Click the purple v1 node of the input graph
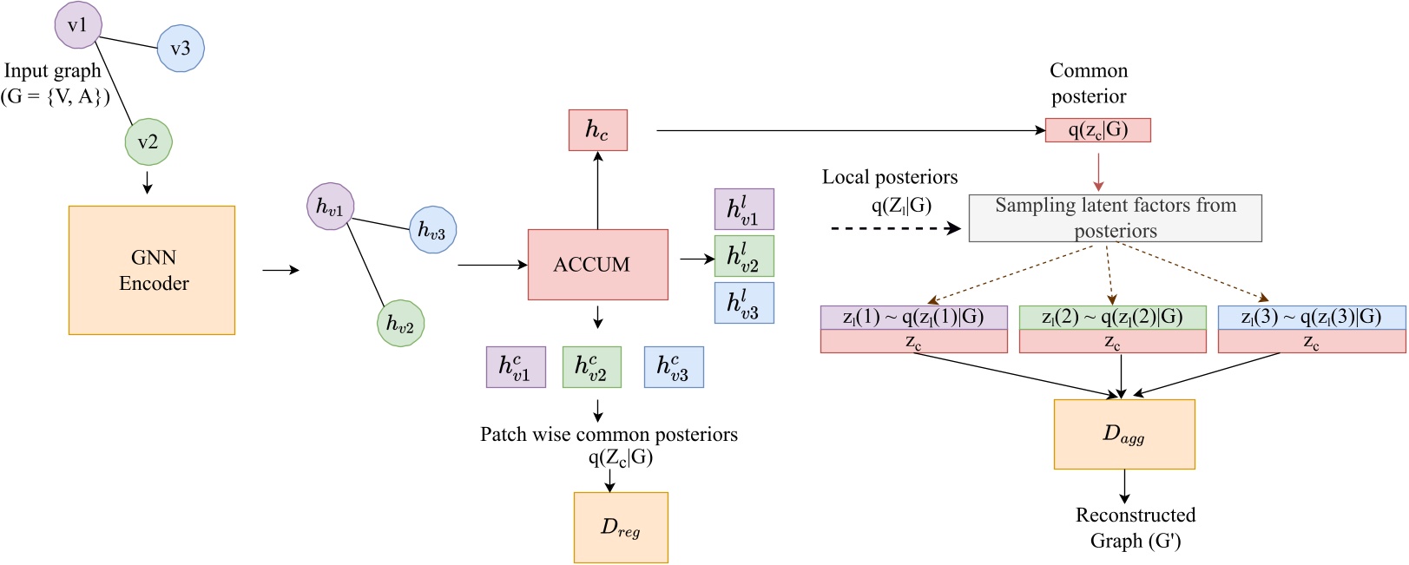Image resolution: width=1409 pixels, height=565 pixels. tap(78, 25)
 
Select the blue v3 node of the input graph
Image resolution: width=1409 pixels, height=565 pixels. tap(181, 49)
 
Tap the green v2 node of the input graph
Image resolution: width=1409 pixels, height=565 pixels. tap(148, 141)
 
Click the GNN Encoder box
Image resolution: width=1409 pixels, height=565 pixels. tap(152, 270)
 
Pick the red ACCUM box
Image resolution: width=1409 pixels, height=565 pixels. tap(597, 265)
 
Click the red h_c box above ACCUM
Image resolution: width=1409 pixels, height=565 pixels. tap(597, 130)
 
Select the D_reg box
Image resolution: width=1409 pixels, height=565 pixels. tap(621, 528)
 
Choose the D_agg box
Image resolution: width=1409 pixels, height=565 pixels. tap(1124, 434)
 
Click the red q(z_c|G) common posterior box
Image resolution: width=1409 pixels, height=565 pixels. tap(1097, 130)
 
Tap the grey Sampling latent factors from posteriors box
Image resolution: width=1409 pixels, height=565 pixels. tap(1115, 218)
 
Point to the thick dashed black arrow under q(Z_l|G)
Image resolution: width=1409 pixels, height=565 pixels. tap(894, 228)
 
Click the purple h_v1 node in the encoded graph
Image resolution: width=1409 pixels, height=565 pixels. tap(330, 207)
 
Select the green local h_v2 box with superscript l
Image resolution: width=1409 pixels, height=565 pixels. tap(743, 256)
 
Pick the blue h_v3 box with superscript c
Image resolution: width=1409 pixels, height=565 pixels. tap(674, 367)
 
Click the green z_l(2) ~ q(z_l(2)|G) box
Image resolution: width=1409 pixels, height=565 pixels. tap(1112, 318)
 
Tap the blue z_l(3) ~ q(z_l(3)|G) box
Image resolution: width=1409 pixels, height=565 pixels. tap(1311, 318)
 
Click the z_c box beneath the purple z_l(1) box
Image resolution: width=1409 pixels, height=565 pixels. tap(913, 342)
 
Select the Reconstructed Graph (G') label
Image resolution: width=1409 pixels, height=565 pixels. tap(1135, 528)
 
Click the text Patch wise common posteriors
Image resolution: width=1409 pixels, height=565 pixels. tap(609, 434)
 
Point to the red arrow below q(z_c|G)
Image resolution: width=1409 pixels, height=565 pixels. tap(1098, 172)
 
